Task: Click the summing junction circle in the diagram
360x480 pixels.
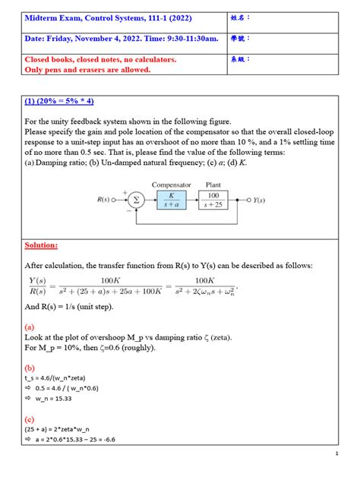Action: click(x=136, y=201)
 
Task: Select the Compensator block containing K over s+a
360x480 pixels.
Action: click(x=171, y=201)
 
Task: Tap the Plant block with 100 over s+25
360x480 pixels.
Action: click(x=219, y=201)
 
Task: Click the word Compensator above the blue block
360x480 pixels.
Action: click(x=171, y=184)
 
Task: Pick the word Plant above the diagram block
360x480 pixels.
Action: click(x=219, y=184)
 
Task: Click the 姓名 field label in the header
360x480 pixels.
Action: click(x=261, y=17)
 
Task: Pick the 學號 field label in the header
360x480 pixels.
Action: click(x=261, y=37)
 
